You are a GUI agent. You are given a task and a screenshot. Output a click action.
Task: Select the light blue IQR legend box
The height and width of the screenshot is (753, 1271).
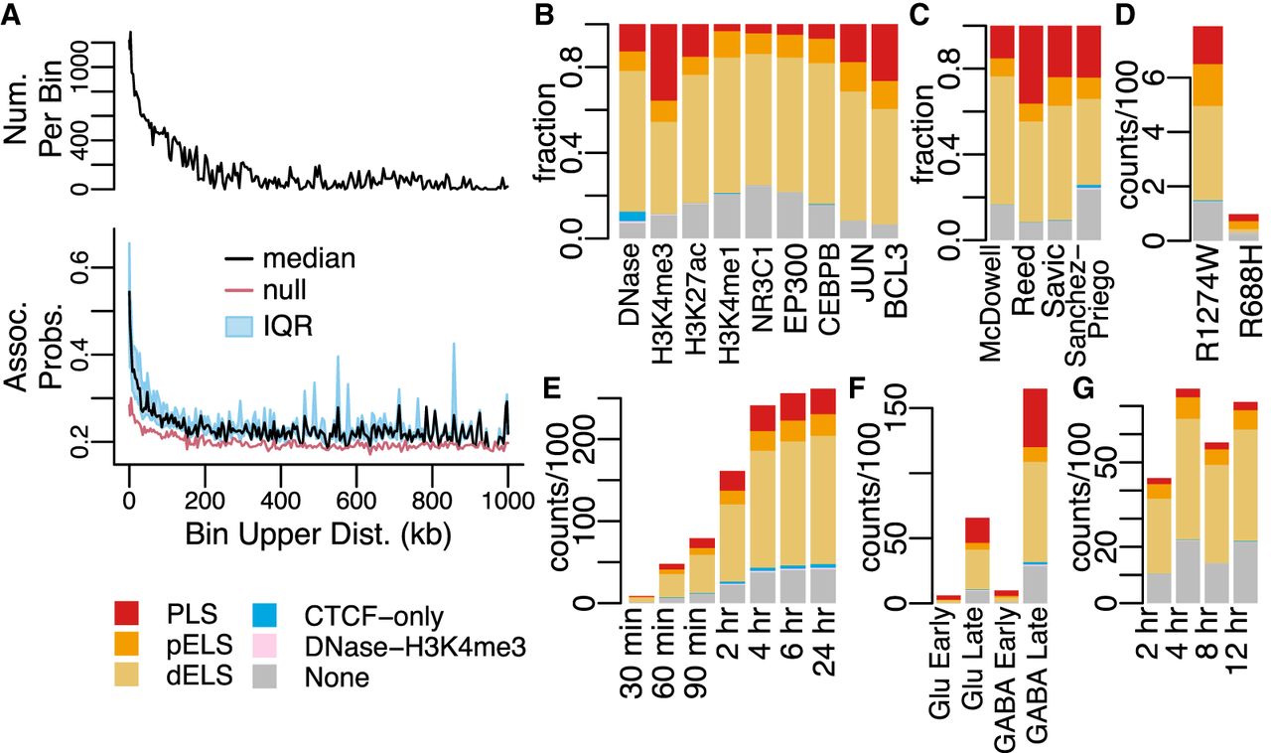click(239, 328)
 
